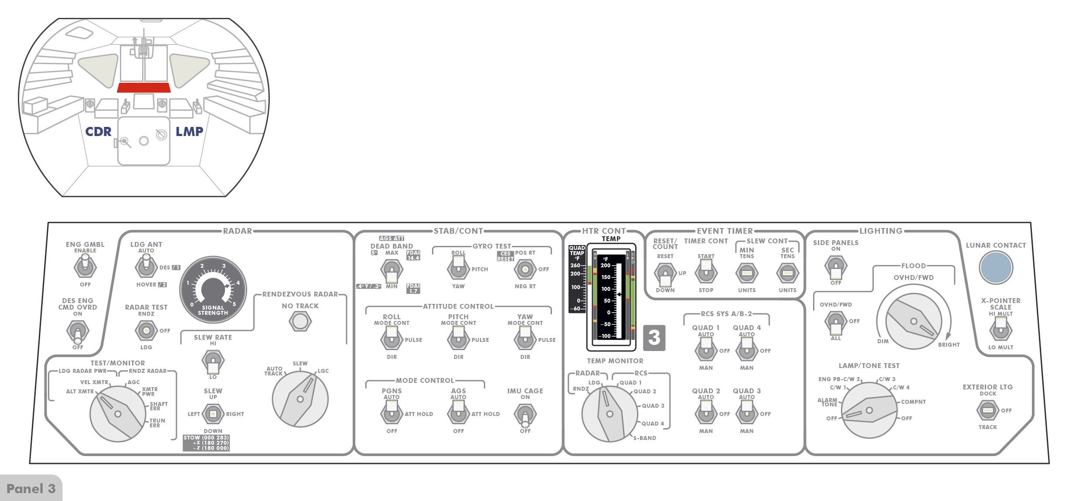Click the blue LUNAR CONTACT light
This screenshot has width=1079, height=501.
pyautogui.click(x=996, y=267)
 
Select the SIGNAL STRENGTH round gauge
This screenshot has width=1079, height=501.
pyautogui.click(x=213, y=289)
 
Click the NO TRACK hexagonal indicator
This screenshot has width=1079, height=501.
pyautogui.click(x=300, y=322)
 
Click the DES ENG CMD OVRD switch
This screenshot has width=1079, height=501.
pyautogui.click(x=78, y=331)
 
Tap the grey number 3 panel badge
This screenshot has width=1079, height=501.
pyautogui.click(x=654, y=337)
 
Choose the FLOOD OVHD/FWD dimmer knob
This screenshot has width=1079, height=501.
pyautogui.click(x=913, y=321)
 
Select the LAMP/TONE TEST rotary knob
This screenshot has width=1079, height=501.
pyautogui.click(x=869, y=410)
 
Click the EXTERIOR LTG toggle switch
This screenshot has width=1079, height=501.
pyautogui.click(x=987, y=410)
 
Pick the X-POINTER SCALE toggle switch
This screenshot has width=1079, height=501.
pyautogui.click(x=1001, y=329)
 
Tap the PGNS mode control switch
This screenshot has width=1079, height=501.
pyautogui.click(x=391, y=412)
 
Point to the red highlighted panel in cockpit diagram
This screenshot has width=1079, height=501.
pyautogui.click(x=144, y=87)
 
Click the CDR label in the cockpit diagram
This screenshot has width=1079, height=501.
pyautogui.click(x=98, y=132)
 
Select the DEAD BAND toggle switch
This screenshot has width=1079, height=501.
pyautogui.click(x=391, y=271)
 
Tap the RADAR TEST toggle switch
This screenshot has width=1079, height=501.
pyautogui.click(x=146, y=331)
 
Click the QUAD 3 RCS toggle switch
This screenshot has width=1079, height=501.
pyautogui.click(x=746, y=412)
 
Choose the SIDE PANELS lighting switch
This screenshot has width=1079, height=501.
pyautogui.click(x=835, y=267)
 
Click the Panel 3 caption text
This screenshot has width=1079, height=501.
pyautogui.click(x=31, y=488)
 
